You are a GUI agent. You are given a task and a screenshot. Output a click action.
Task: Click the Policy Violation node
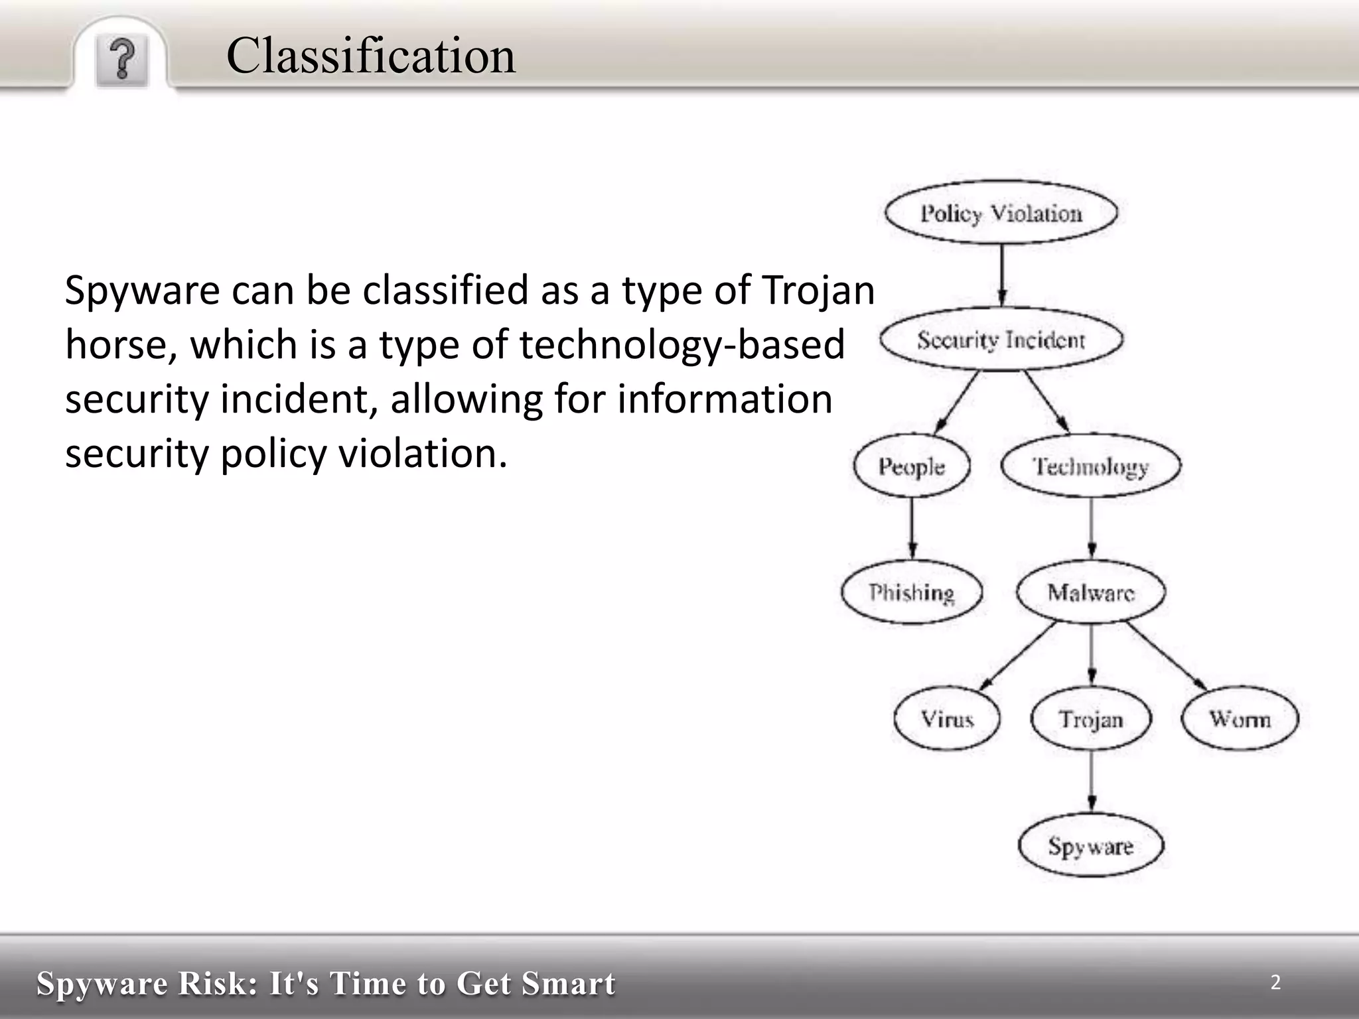(1001, 213)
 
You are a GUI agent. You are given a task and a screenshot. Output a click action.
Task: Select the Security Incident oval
(1001, 340)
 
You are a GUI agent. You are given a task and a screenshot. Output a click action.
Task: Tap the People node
(911, 466)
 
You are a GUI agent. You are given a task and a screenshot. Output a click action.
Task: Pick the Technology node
(1090, 466)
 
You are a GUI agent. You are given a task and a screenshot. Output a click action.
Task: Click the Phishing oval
(911, 592)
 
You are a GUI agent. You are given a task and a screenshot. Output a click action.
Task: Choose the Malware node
(1090, 592)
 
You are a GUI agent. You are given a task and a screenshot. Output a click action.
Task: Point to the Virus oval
(947, 719)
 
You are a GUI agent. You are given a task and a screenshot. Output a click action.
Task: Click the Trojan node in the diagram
(1090, 719)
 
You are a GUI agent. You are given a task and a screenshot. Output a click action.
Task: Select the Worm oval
(1240, 719)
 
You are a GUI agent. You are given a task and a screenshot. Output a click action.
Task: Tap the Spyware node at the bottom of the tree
(1090, 846)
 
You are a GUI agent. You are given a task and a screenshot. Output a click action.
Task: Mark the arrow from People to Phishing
(912, 528)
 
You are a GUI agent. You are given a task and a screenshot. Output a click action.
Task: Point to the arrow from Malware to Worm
(1167, 655)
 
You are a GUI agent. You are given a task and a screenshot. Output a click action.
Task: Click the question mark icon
(121, 60)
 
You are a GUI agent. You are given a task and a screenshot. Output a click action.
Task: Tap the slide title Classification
(370, 55)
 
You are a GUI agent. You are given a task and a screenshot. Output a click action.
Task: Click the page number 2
(1275, 982)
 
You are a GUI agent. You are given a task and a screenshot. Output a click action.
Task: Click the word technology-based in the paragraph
(681, 345)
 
